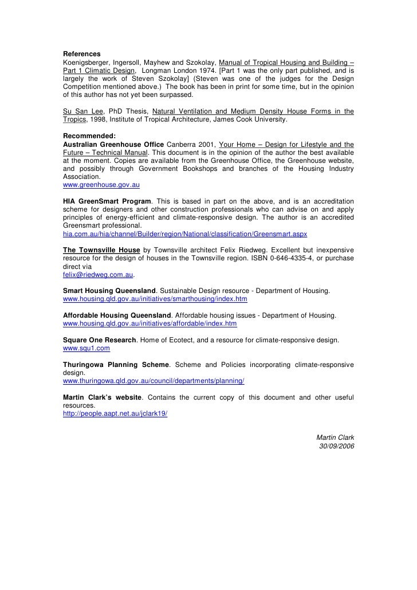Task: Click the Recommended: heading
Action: (89, 135)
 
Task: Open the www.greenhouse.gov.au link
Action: (101, 186)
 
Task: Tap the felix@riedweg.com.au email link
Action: (97, 275)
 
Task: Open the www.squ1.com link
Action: (86, 347)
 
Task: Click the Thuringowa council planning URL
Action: (154, 381)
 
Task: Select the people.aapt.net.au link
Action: (115, 413)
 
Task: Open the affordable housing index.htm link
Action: (150, 323)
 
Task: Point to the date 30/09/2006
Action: (337, 447)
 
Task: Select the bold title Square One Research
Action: (99, 340)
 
